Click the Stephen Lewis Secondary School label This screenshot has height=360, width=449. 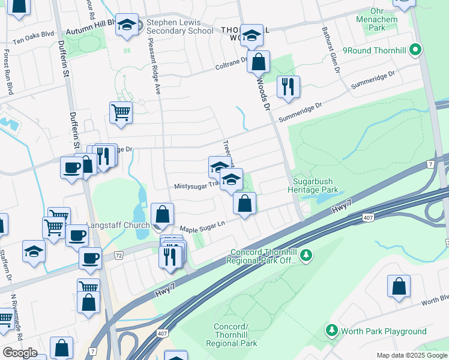[179, 26]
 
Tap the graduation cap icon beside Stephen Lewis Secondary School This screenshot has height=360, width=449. [127, 26]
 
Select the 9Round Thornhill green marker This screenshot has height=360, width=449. [415, 51]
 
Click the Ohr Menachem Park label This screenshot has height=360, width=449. [385, 19]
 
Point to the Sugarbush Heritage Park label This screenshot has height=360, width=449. [316, 185]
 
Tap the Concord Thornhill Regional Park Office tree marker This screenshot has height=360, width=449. [307, 256]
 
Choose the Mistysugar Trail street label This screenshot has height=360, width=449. [194, 186]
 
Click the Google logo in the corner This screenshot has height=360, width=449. [20, 352]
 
